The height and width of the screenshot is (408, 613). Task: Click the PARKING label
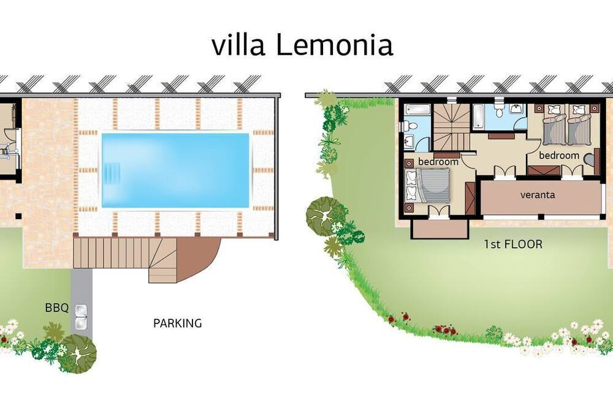(x=178, y=323)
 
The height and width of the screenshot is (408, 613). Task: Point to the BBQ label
(x=56, y=308)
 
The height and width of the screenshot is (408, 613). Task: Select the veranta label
(x=538, y=195)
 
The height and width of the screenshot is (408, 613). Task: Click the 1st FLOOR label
(x=513, y=244)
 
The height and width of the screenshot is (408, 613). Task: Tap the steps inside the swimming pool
(x=113, y=171)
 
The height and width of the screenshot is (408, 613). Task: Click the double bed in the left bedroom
(x=427, y=185)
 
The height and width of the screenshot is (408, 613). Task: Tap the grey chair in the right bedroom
(x=590, y=159)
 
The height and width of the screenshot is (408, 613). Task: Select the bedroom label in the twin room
(x=559, y=156)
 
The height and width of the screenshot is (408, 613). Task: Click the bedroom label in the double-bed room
(x=438, y=161)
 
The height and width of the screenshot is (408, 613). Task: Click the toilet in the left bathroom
(x=409, y=126)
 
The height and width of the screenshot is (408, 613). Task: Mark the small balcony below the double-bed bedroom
(x=440, y=229)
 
